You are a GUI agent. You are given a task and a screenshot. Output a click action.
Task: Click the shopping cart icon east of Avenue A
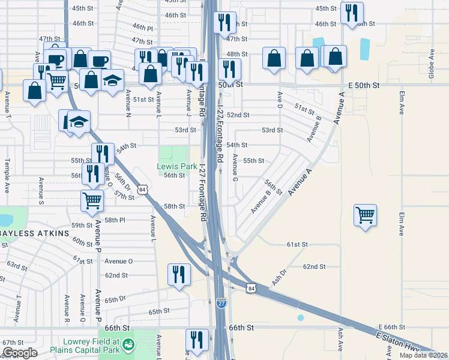point(366,215)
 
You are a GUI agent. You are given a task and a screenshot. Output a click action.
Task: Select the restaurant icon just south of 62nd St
point(179,274)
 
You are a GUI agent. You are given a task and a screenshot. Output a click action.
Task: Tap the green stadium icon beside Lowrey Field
point(127,344)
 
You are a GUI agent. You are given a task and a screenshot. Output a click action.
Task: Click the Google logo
point(20,353)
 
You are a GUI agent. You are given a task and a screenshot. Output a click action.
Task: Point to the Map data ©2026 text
point(423,355)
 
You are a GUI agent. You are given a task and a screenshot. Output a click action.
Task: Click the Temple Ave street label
point(7,175)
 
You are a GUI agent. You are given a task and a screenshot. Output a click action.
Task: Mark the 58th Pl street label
point(114,220)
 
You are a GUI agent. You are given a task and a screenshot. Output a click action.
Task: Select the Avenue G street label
point(235,171)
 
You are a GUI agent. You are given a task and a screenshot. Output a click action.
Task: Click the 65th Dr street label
point(115,298)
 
